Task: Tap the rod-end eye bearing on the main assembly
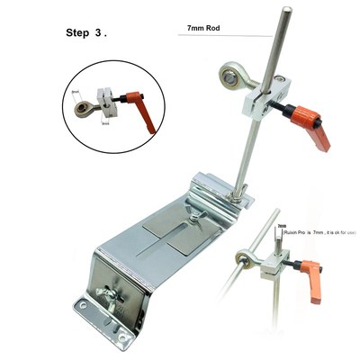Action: [x=228, y=80]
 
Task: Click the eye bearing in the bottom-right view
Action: [x=241, y=261]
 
